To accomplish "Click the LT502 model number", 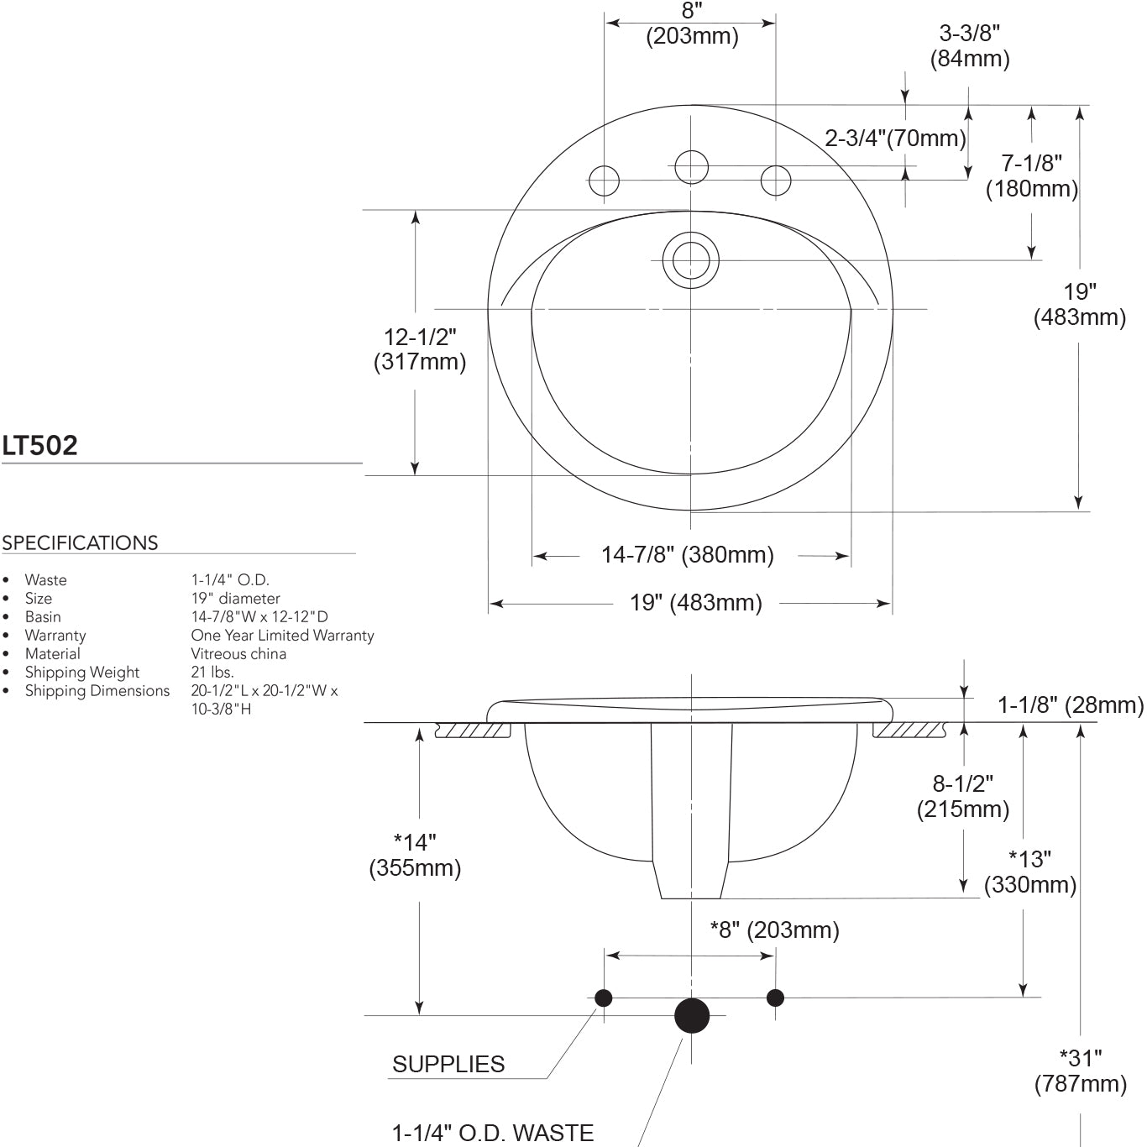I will tap(39, 445).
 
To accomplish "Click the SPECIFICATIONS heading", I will tap(80, 543).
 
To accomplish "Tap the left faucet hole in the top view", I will tap(605, 181).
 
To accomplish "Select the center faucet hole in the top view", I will tap(691, 166).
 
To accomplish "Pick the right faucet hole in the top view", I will tap(776, 181).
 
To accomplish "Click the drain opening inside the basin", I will tap(691, 260).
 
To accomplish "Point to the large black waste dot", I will tap(692, 1015).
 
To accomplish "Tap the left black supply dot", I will tap(604, 998).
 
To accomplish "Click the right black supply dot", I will tap(775, 998).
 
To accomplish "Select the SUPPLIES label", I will tap(448, 1065).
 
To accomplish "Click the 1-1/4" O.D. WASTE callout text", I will tap(493, 1133).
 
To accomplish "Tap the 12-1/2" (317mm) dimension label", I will tap(420, 349).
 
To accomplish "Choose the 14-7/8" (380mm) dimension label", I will tap(688, 555).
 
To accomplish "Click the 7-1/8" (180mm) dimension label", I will tap(1032, 175).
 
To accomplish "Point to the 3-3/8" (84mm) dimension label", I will tap(970, 45).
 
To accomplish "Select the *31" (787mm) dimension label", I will tap(1081, 1071).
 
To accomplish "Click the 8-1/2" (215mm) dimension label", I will tap(963, 796).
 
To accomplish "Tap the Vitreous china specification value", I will tap(238, 654).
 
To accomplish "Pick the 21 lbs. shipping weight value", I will tap(212, 673).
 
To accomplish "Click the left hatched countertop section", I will tap(474, 731).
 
